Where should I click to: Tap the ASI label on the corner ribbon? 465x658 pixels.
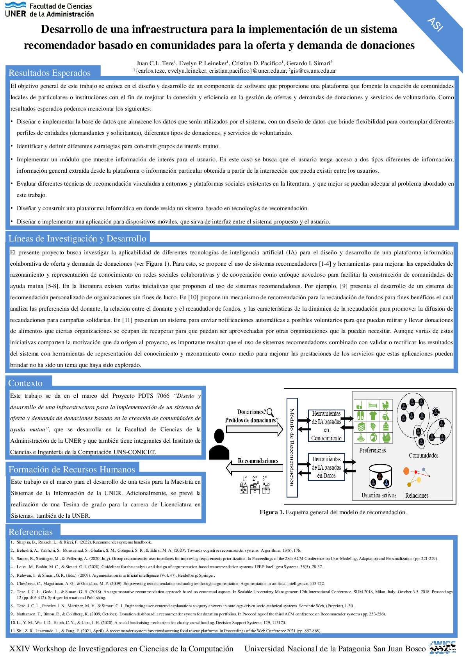click(435, 24)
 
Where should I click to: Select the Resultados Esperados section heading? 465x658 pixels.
click(50, 73)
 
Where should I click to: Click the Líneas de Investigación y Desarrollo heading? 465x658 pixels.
click(77, 238)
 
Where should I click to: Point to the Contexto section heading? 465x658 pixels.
click(25, 383)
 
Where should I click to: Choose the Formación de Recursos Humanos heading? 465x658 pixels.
click(72, 469)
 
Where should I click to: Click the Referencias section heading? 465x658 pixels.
click(30, 532)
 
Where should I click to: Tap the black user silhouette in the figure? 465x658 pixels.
click(219, 444)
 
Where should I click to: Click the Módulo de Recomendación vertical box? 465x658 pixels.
click(292, 447)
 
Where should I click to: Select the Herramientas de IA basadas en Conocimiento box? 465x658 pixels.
click(326, 426)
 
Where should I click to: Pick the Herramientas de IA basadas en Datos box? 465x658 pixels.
click(326, 467)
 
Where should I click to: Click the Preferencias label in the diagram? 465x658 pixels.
click(372, 450)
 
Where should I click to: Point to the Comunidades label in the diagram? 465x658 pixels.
click(423, 455)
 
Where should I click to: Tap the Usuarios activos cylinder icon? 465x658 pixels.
click(379, 476)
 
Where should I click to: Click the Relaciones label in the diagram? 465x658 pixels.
click(417, 495)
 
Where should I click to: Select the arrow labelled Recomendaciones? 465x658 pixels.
click(254, 467)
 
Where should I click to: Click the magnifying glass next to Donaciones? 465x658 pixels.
click(270, 412)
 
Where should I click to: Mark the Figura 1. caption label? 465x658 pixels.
click(272, 512)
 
